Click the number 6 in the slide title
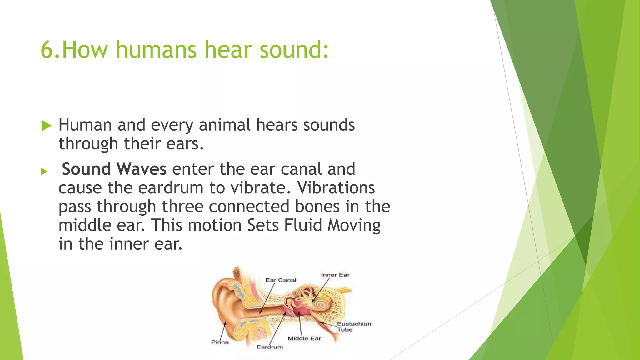(47, 50)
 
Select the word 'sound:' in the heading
(294, 50)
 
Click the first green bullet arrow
(46, 126)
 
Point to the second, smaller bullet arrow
(44, 171)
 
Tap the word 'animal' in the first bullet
(224, 125)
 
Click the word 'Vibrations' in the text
(336, 188)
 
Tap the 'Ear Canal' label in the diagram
(281, 280)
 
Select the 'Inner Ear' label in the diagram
(335, 275)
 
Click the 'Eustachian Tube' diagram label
(353, 327)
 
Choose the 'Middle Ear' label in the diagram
(304, 338)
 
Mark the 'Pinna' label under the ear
(220, 342)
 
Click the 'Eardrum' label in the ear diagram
(269, 347)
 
